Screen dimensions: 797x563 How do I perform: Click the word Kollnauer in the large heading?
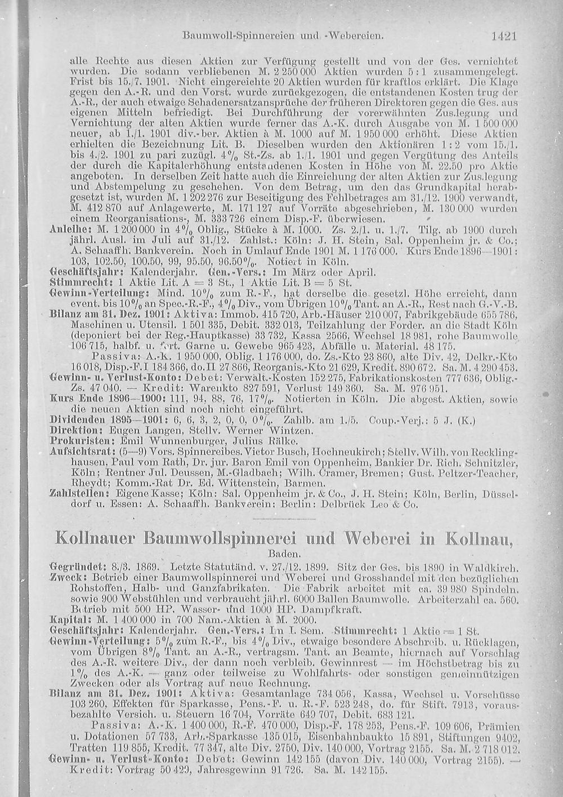[94, 538]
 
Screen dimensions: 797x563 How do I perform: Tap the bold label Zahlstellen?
[77, 494]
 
